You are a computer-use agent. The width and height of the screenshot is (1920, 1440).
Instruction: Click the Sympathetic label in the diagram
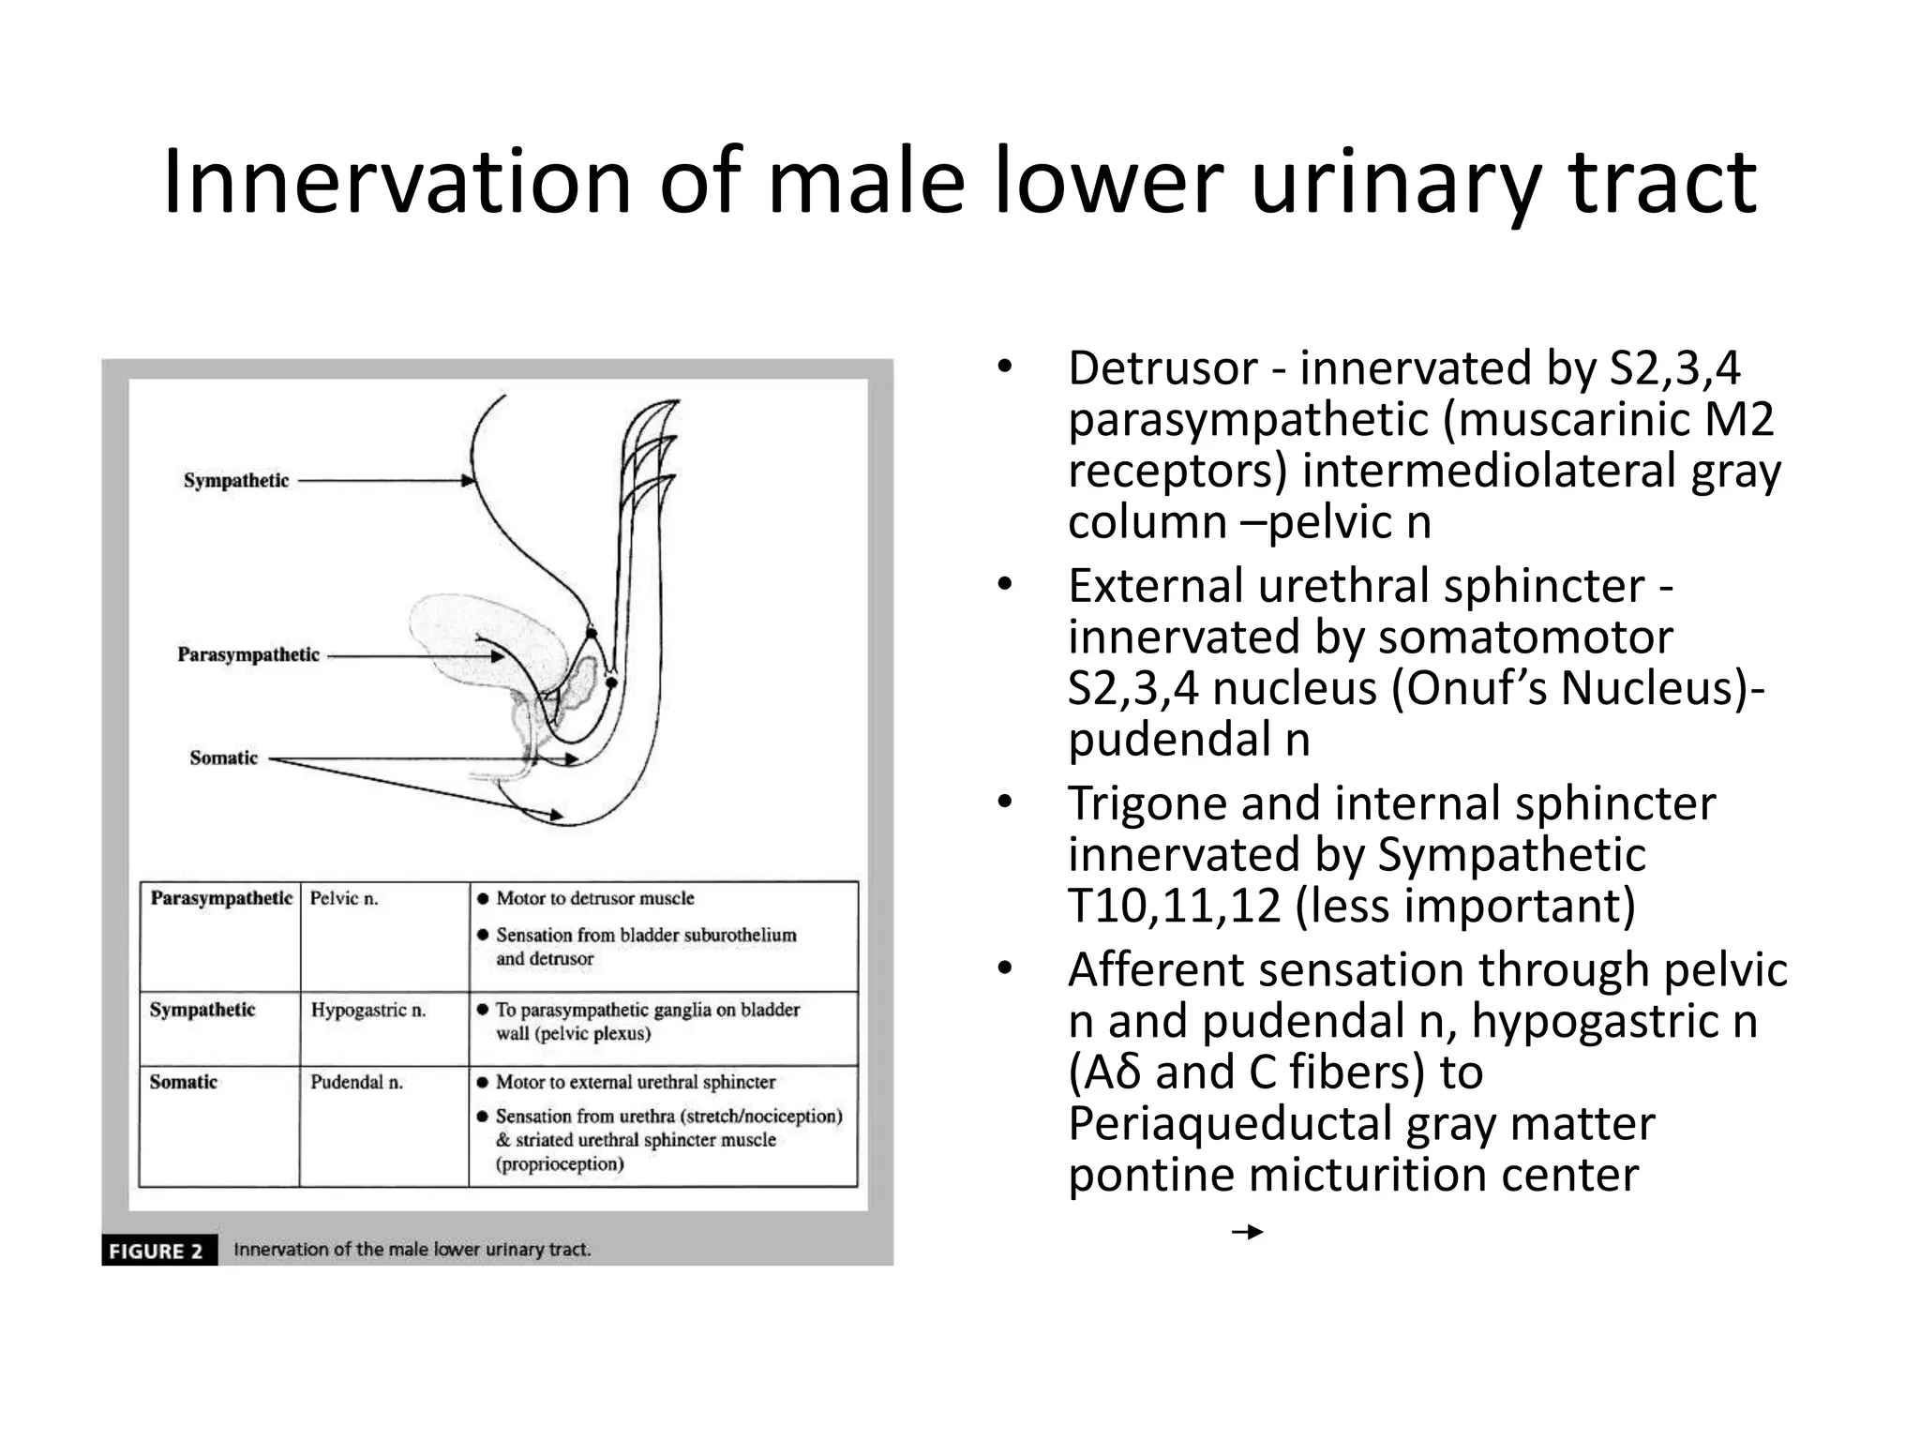coord(236,481)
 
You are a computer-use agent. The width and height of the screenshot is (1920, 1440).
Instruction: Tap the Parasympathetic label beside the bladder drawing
coord(248,654)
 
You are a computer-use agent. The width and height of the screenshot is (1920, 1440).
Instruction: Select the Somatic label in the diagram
coord(223,757)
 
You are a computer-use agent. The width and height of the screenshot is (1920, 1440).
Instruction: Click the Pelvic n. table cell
coord(344,899)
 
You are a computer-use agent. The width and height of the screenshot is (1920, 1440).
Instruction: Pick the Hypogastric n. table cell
coord(368,1011)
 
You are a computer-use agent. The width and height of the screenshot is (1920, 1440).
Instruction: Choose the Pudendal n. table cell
coord(357,1083)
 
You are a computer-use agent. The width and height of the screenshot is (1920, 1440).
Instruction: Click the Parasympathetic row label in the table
coord(221,898)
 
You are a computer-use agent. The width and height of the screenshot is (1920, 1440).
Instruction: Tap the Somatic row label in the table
coord(184,1082)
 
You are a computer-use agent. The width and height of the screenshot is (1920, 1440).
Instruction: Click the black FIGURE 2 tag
coord(157,1251)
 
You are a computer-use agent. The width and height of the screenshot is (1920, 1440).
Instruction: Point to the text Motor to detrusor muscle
coord(594,898)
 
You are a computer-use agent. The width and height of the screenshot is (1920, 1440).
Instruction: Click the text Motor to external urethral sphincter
coord(635,1082)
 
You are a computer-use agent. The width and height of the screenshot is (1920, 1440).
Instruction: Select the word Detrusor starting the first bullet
coord(1162,367)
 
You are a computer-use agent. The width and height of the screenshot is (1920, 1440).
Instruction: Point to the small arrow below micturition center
coord(1248,1232)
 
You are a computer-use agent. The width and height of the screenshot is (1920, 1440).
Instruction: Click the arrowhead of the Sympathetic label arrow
coord(468,481)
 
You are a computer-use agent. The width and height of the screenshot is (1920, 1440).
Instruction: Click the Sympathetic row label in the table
coord(202,1010)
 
